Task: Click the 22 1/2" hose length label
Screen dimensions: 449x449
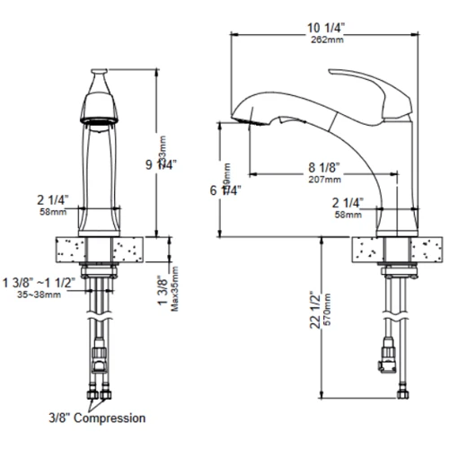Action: click(x=314, y=310)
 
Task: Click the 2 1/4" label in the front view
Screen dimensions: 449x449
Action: click(x=52, y=199)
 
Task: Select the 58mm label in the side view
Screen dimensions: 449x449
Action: click(x=349, y=215)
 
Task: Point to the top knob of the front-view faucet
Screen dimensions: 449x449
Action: click(x=101, y=73)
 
